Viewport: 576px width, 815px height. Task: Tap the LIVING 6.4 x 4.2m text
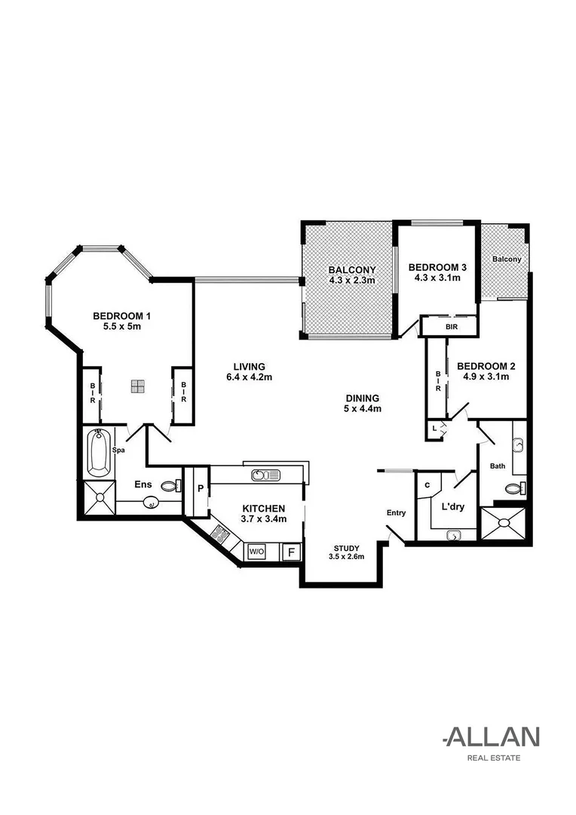pyautogui.click(x=249, y=372)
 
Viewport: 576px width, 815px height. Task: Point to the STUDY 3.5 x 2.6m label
pyautogui.click(x=346, y=552)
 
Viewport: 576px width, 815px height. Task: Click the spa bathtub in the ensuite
pyautogui.click(x=99, y=453)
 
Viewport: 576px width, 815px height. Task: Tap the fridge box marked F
pyautogui.click(x=290, y=552)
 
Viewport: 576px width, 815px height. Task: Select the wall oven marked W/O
pyautogui.click(x=256, y=552)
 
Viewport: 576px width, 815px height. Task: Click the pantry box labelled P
pyautogui.click(x=201, y=488)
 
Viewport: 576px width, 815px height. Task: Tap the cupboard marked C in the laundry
pyautogui.click(x=427, y=485)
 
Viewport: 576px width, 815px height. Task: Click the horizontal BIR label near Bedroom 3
pyautogui.click(x=451, y=327)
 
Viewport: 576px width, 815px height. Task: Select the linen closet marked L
pyautogui.click(x=434, y=429)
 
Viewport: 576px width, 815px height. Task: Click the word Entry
pyautogui.click(x=397, y=513)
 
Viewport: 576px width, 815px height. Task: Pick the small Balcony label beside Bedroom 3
pyautogui.click(x=506, y=259)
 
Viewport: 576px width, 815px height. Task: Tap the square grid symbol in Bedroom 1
pyautogui.click(x=136, y=386)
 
